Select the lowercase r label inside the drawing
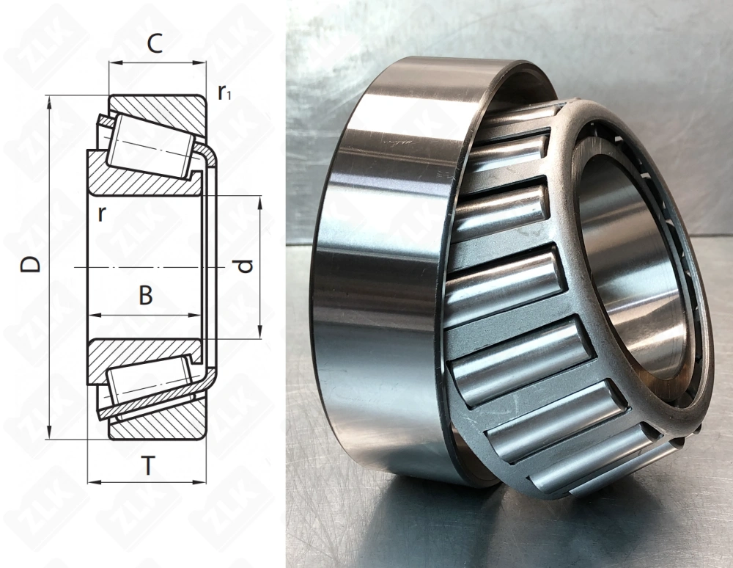pyautogui.click(x=103, y=214)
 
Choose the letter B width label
pyautogui.click(x=146, y=296)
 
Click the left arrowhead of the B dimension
pyautogui.click(x=92, y=316)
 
